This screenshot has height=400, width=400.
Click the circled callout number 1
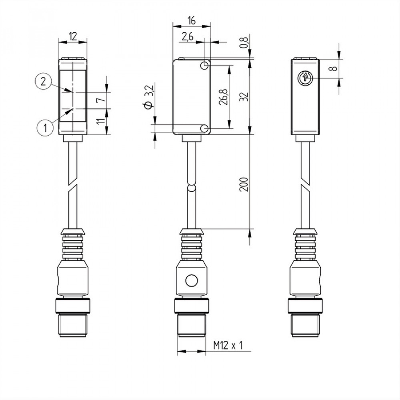[x=45, y=128]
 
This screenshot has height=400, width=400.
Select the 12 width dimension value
[x=72, y=36]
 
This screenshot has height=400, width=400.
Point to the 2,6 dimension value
[x=187, y=37]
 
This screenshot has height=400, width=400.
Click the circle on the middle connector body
[x=191, y=280]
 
